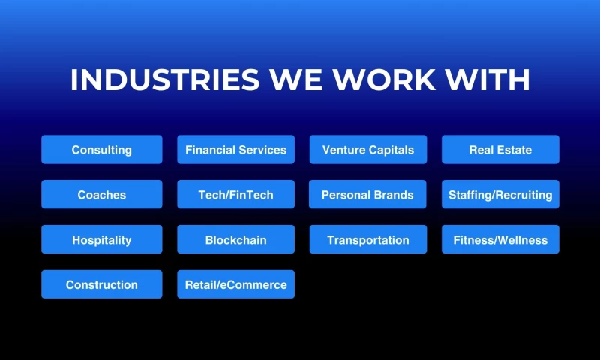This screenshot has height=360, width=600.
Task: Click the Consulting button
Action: (101, 150)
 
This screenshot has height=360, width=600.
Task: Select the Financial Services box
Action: (235, 150)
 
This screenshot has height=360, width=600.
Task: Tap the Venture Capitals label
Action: (367, 150)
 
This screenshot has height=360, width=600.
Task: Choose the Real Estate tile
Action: (500, 150)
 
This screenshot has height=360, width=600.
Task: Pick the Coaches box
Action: (101, 195)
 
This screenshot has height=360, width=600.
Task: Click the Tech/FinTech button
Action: (235, 195)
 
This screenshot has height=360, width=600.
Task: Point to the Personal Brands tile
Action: (367, 195)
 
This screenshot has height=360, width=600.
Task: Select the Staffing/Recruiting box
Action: (500, 195)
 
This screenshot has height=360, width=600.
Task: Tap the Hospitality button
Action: (101, 240)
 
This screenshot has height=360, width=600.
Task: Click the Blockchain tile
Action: (235, 240)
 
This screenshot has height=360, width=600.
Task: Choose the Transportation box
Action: (367, 240)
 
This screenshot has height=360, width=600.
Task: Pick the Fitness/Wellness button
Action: (500, 240)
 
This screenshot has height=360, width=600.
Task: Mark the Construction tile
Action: (101, 285)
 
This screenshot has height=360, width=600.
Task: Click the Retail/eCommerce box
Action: (235, 285)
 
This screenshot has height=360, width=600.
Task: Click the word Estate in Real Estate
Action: (514, 150)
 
